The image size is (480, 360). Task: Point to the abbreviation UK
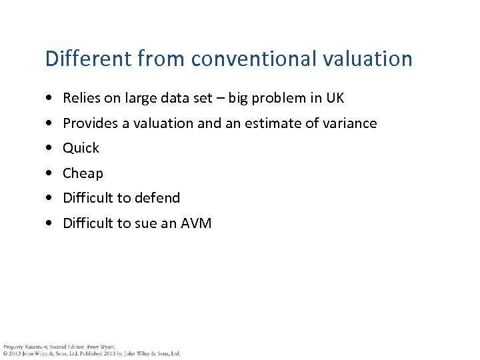335,98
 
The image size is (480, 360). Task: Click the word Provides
89,123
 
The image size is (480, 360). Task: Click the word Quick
81,148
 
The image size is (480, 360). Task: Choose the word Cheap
83,173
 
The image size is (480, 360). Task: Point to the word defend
157,198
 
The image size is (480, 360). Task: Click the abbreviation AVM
196,223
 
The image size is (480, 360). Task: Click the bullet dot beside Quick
51,148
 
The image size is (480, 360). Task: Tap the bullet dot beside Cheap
51,173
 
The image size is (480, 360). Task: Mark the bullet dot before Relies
51,98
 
